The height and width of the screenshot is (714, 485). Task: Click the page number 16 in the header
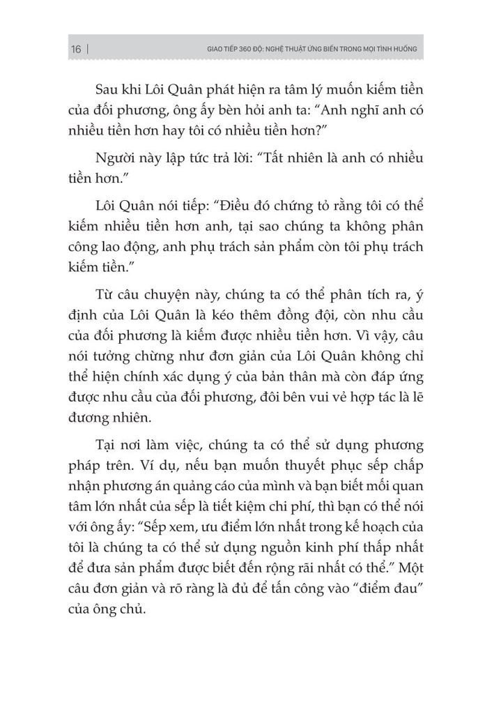pyautogui.click(x=75, y=50)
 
